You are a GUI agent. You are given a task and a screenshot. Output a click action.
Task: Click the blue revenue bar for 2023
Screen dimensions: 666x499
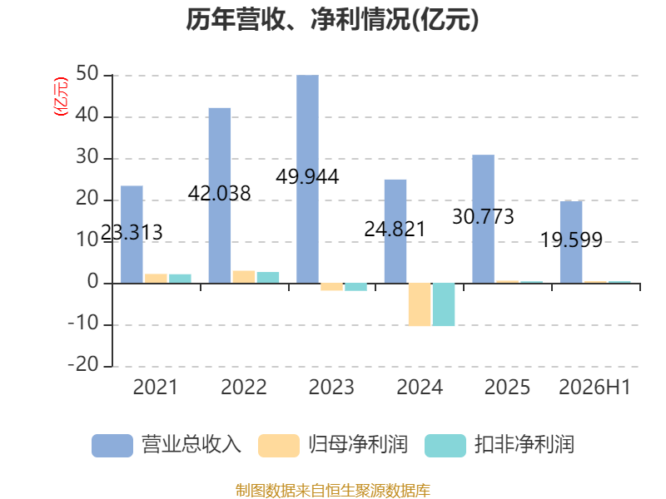tap(307, 179)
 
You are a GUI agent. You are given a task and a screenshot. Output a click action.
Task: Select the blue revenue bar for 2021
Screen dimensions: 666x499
tap(132, 235)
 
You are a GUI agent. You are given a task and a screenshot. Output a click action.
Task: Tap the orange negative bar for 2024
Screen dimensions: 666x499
tap(420, 304)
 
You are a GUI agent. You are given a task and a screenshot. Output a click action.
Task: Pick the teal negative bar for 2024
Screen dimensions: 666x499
tap(444, 304)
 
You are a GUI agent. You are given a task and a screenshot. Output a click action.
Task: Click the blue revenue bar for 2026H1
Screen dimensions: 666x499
tap(571, 242)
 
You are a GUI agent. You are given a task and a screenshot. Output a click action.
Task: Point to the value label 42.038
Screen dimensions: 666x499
tap(220, 194)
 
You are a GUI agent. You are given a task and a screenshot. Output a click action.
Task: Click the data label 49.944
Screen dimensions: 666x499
tap(307, 176)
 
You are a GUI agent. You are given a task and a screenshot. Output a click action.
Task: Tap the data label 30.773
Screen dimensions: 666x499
tap(483, 216)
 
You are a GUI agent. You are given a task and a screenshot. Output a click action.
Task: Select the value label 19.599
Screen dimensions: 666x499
tap(571, 240)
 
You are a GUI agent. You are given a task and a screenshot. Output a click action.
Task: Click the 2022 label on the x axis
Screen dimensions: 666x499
tap(244, 387)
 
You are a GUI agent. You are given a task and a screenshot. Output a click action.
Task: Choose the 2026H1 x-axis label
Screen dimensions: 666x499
tap(594, 387)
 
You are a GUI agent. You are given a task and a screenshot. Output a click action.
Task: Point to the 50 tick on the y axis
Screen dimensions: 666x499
tap(87, 74)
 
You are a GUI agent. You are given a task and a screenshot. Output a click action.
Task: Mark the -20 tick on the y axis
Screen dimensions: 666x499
tap(83, 364)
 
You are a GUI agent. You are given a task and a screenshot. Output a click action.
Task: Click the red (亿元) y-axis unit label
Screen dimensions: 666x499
tap(61, 96)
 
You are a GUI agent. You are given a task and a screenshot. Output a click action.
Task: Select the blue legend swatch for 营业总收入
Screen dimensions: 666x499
tap(112, 445)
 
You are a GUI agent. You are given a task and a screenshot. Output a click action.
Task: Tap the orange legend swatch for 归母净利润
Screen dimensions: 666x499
tap(279, 445)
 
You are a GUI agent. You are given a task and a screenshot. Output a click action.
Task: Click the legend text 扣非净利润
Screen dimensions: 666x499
tap(524, 445)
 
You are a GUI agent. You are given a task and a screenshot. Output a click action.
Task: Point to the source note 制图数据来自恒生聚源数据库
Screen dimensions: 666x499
tap(333, 491)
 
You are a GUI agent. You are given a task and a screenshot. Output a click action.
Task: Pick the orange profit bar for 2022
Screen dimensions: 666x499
tap(244, 277)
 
